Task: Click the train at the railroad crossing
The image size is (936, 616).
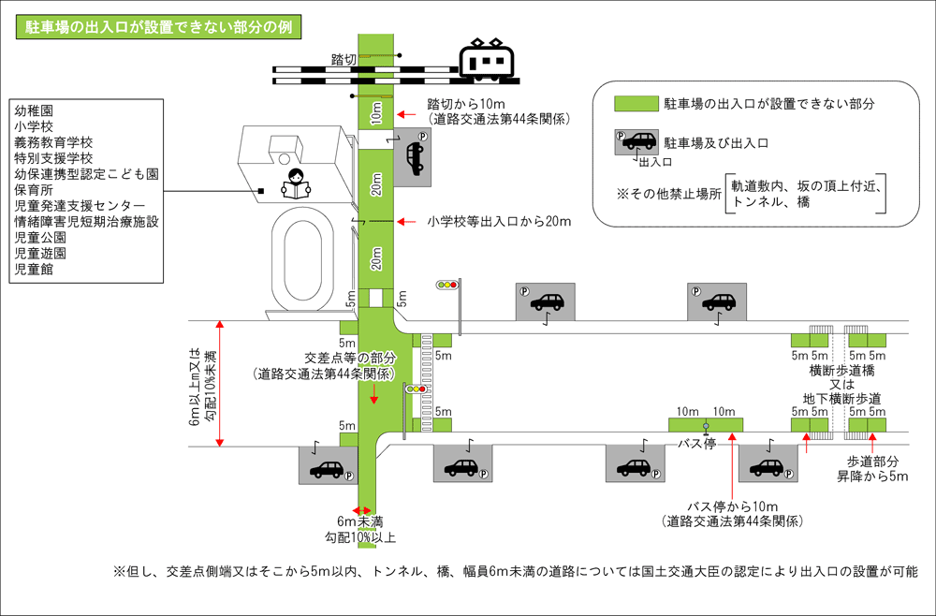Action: click(x=488, y=61)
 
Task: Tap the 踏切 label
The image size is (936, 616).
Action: click(x=344, y=60)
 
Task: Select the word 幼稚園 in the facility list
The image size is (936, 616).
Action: click(x=34, y=110)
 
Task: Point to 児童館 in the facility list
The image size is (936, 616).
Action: click(x=34, y=270)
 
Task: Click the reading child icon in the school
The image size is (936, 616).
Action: click(x=295, y=183)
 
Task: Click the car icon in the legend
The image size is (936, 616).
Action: click(x=636, y=142)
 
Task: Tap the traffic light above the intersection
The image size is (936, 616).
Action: click(x=448, y=284)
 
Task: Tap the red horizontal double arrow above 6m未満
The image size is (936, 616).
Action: click(x=357, y=510)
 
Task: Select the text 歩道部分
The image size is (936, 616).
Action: click(x=873, y=462)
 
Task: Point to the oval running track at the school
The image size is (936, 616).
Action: click(x=300, y=257)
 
